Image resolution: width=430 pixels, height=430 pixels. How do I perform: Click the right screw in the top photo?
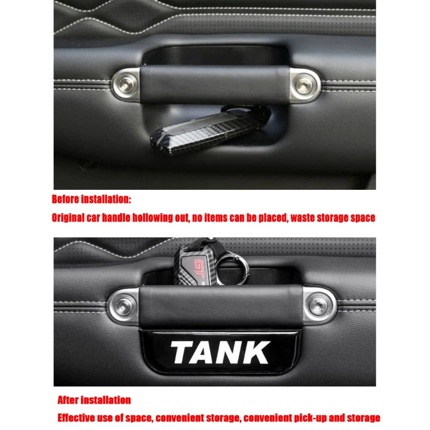[x=304, y=85]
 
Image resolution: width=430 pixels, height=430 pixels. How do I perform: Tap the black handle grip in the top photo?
[x=215, y=84]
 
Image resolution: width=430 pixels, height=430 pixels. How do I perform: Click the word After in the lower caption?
[x=68, y=400]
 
